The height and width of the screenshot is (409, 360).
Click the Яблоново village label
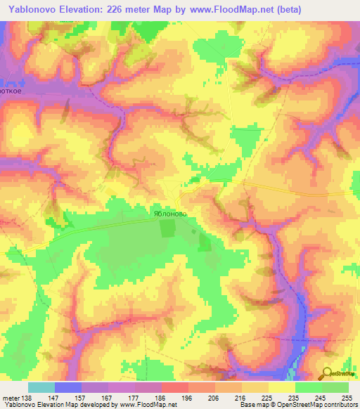point(168,210)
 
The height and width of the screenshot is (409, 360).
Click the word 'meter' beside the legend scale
point(11,397)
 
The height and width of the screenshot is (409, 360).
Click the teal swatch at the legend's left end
point(41,387)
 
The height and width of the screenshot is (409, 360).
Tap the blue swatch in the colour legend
point(68,387)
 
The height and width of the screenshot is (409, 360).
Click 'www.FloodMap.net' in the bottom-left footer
point(148,405)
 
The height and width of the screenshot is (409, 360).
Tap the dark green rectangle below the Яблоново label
point(168,228)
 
